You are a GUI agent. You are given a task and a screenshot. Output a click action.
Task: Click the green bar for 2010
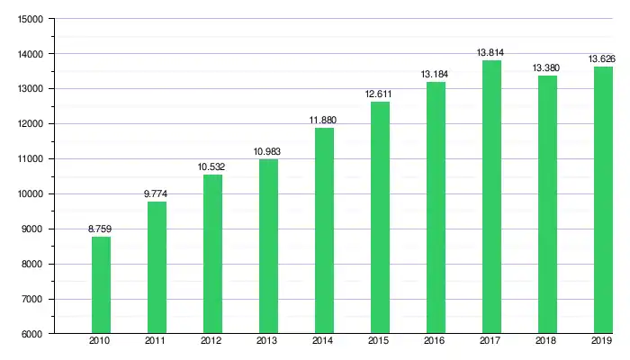pyautogui.click(x=100, y=284)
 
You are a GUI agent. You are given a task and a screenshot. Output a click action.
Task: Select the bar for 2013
pyautogui.click(x=268, y=246)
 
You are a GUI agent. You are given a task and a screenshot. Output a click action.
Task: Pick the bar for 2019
pyautogui.click(x=602, y=200)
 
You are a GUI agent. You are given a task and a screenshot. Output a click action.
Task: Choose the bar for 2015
pyautogui.click(x=380, y=217)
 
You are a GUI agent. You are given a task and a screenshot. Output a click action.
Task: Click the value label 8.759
pyautogui.click(x=100, y=229)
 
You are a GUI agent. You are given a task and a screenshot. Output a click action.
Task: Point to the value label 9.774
pyautogui.click(x=157, y=194)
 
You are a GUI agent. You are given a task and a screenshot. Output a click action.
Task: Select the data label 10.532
pyautogui.click(x=212, y=167)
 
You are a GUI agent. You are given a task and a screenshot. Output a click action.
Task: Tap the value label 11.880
pyautogui.click(x=324, y=121)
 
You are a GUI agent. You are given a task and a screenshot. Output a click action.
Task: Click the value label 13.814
pyautogui.click(x=491, y=53)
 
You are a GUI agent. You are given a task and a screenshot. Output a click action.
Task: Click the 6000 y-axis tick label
pyautogui.click(x=32, y=334)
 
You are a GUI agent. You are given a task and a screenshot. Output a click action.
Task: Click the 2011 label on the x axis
pyautogui.click(x=157, y=342)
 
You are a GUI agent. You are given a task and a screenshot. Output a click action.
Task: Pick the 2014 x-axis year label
pyautogui.click(x=324, y=342)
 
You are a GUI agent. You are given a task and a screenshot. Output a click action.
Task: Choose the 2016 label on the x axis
pyautogui.click(x=436, y=342)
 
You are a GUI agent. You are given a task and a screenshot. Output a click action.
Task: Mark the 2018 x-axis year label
pyautogui.click(x=547, y=342)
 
